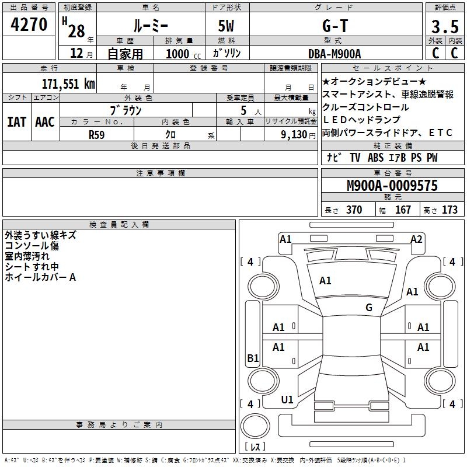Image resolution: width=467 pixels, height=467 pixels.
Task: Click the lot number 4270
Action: click(29, 25)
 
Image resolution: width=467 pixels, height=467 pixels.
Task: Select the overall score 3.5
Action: click(444, 27)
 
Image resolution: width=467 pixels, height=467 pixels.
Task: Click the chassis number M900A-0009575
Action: click(392, 186)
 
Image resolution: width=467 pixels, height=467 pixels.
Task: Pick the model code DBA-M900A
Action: click(334, 54)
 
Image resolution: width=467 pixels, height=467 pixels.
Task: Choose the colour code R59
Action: click(97, 134)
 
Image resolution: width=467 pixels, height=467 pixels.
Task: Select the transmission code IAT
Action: click(16, 122)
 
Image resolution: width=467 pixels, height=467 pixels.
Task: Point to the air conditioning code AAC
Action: click(44, 122)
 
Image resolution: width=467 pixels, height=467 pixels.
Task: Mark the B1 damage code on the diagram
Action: click(253, 358)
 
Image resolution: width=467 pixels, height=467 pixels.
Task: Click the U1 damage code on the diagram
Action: click(287, 400)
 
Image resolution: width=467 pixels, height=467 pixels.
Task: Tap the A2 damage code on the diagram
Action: click(416, 239)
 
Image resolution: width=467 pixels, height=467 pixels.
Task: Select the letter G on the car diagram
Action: click(369, 308)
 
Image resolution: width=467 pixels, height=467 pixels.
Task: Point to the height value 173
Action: click(449, 210)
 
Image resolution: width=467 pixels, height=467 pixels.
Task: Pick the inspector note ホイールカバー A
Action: click(40, 277)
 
